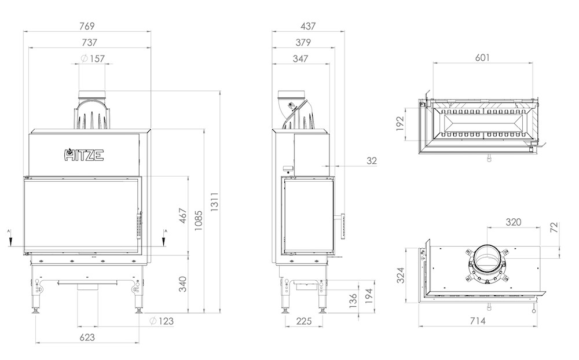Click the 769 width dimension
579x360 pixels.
tap(87, 26)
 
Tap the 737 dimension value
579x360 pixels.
tap(89, 42)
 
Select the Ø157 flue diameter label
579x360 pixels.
tap(93, 58)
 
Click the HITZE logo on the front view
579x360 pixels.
tap(84, 155)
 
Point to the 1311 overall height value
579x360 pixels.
tap(215, 201)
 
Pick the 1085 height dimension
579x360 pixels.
tap(198, 221)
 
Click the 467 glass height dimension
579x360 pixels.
tap(183, 216)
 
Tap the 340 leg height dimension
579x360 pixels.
tap(183, 284)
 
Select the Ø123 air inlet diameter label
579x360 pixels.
tap(162, 321)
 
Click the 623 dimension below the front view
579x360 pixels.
tap(87, 337)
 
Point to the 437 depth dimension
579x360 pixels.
tap(308, 26)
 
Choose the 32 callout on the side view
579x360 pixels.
tap(372, 161)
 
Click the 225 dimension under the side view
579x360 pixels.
tap(304, 321)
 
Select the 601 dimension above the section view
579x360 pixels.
tap(482, 58)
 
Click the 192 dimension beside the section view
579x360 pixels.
tap(400, 124)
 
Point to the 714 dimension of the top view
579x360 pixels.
tap(478, 321)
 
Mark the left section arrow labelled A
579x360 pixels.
tap(11, 238)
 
